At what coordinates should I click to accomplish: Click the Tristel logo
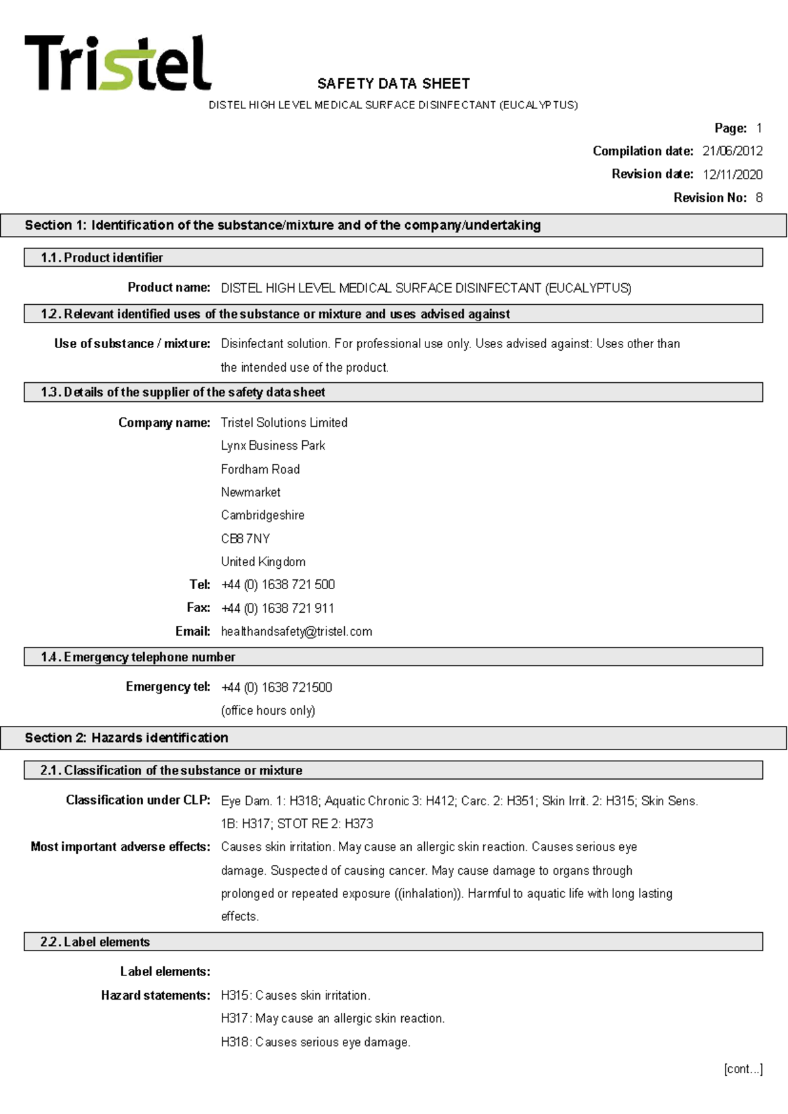tap(118, 63)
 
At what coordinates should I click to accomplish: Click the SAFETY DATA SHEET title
tap(393, 83)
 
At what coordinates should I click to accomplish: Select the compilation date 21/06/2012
tap(732, 151)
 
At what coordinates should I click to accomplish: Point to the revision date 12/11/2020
tap(732, 174)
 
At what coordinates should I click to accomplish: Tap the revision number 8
tap(759, 198)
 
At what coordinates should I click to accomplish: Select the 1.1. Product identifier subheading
tap(102, 257)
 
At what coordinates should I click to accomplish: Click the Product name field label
tap(169, 287)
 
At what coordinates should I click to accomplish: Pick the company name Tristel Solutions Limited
tap(284, 422)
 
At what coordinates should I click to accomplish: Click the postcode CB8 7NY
tap(245, 539)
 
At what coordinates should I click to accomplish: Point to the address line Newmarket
tap(250, 492)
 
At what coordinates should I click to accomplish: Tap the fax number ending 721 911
tap(278, 608)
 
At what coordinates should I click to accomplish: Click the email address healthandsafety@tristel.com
tap(296, 631)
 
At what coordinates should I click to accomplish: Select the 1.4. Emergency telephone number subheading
tap(138, 657)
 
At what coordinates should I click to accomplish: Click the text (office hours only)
tap(268, 710)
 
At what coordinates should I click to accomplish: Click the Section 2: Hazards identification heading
tap(127, 738)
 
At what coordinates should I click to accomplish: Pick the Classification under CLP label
tap(138, 800)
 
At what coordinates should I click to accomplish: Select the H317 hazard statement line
tap(332, 1018)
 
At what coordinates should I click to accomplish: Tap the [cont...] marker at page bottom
tap(743, 1069)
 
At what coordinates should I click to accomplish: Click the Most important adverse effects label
tap(120, 847)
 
